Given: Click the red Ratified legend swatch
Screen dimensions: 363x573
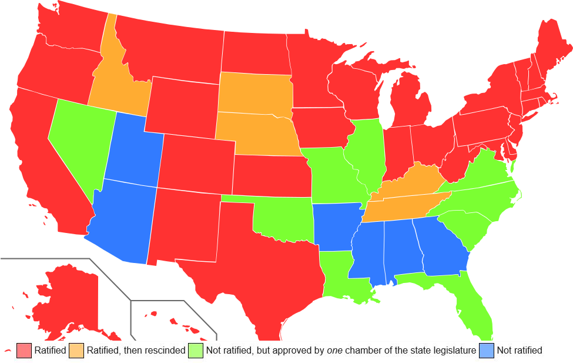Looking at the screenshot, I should tap(24, 351).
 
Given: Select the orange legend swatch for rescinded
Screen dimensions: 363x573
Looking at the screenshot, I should tap(76, 351).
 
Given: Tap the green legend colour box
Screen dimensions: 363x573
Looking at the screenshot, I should tap(196, 351).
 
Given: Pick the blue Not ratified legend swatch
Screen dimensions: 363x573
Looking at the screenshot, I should tap(487, 351).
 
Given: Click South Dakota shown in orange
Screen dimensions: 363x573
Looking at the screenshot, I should tap(254, 94).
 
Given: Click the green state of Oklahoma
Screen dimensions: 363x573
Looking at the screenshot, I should tap(282, 221).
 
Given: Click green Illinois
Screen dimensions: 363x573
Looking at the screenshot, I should tap(364, 153).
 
